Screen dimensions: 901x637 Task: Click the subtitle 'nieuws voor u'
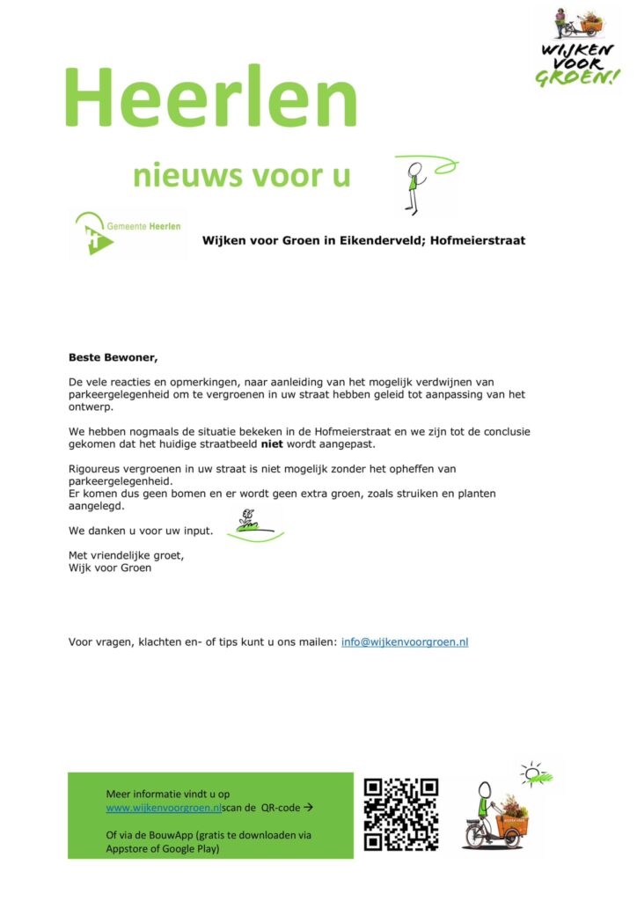[x=241, y=175]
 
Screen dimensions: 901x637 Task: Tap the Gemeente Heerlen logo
[x=128, y=234]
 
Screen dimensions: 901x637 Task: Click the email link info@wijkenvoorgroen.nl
[x=404, y=642]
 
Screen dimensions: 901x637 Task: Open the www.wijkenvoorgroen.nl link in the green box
[x=164, y=807]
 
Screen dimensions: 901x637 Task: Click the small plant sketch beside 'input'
[x=251, y=524]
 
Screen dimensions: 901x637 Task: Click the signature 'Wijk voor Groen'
[x=109, y=568]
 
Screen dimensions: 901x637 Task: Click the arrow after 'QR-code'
[x=307, y=807]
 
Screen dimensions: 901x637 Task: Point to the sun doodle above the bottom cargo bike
[x=536, y=774]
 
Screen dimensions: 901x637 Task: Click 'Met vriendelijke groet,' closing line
[x=127, y=555]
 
